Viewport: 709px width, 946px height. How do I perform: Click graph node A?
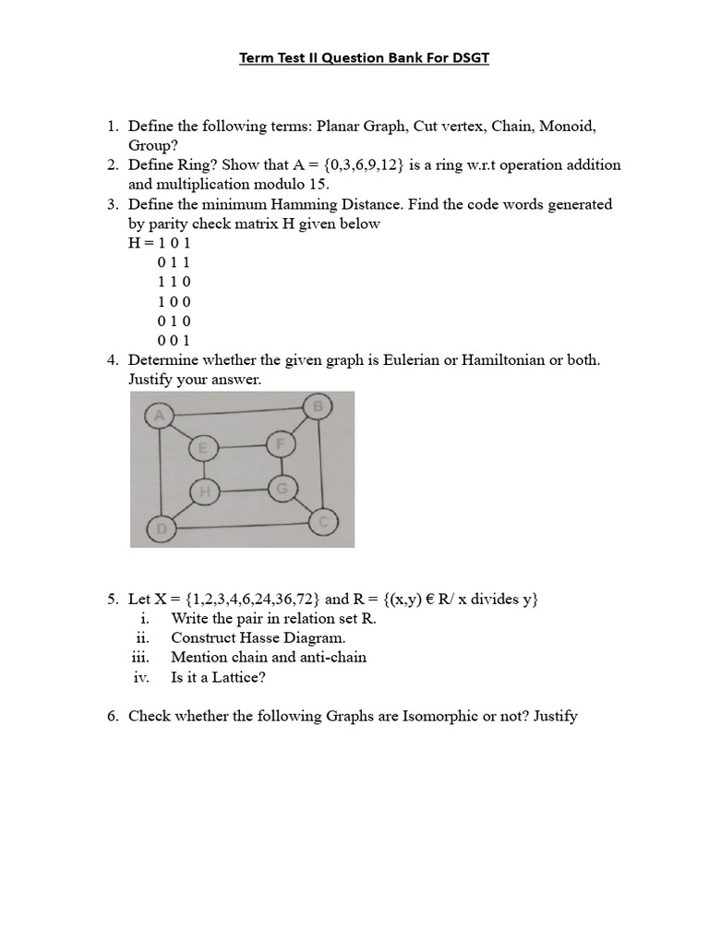tap(159, 417)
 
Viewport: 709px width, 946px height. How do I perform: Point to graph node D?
tap(161, 529)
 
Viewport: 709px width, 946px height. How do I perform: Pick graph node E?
tap(202, 449)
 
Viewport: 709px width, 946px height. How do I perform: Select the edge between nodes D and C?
tap(242, 527)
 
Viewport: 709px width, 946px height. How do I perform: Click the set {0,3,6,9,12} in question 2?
tap(358, 164)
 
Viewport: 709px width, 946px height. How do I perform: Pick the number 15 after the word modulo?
tap(315, 184)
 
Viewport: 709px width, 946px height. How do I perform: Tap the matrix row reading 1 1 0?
tap(174, 281)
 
